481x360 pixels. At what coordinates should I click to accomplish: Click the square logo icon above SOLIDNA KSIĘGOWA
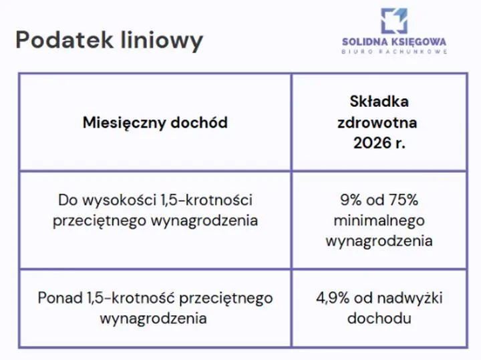tap(393, 21)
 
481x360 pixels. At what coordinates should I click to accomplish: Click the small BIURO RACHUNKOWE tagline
tap(393, 51)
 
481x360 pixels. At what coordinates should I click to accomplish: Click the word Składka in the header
tap(379, 102)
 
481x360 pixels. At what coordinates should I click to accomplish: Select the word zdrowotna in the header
tap(379, 123)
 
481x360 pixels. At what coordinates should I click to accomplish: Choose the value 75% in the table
tap(403, 200)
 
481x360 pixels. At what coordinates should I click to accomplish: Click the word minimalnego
tap(379, 220)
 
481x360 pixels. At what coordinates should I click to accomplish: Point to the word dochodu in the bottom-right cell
tap(379, 318)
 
